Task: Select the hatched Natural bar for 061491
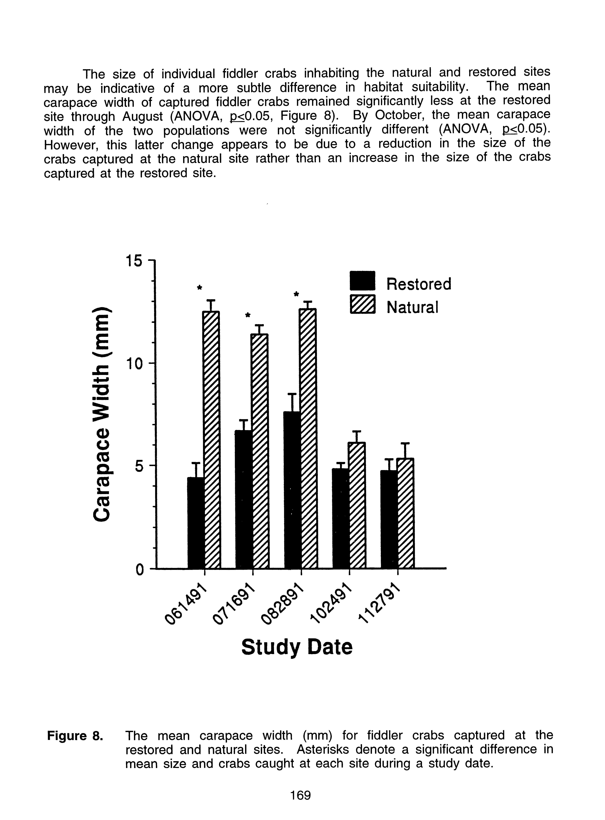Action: click(212, 439)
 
